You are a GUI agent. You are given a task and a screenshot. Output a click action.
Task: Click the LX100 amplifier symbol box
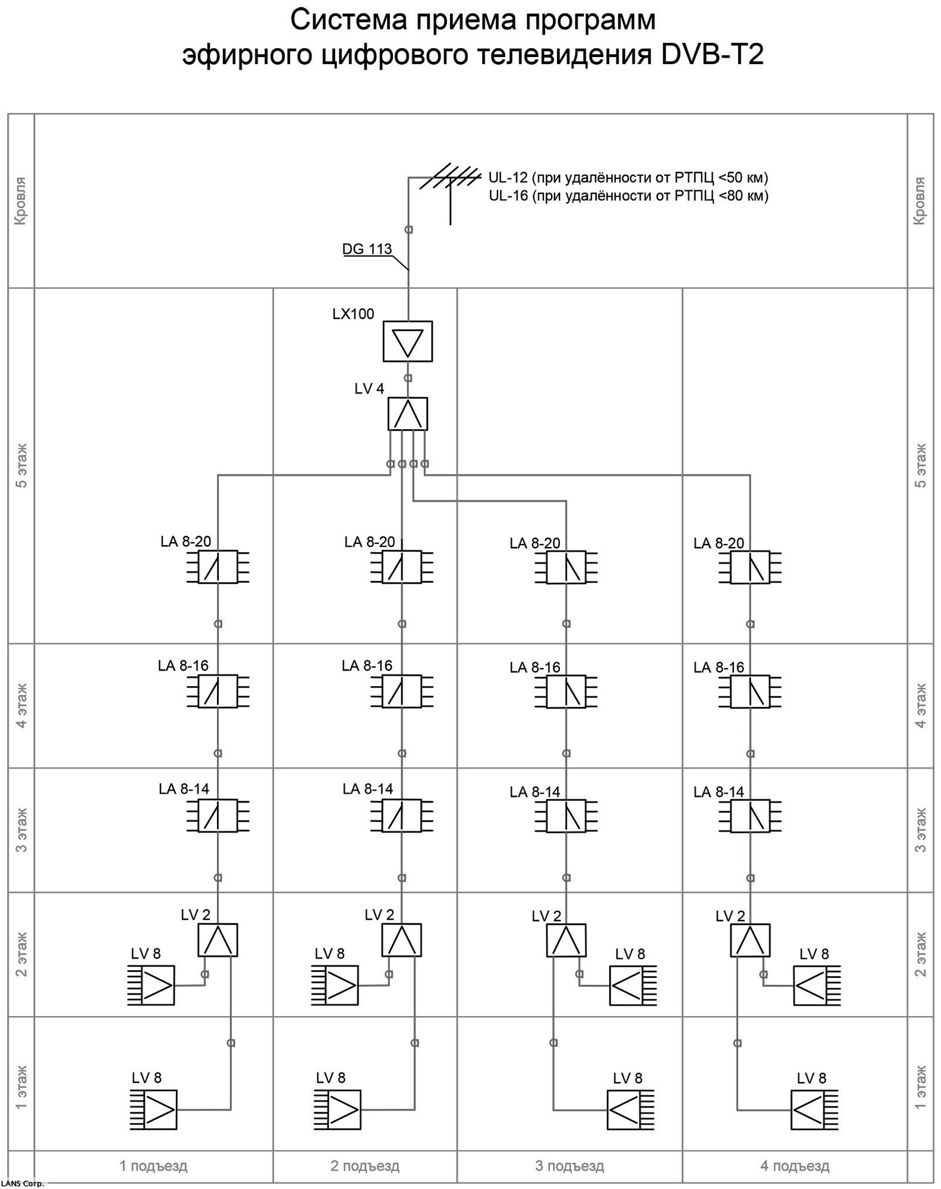pos(407,341)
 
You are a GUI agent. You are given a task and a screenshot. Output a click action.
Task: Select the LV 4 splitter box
pos(407,414)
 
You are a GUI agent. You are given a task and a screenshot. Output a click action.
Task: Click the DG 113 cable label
pos(367,249)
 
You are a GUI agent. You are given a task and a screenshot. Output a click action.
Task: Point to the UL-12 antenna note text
pos(628,178)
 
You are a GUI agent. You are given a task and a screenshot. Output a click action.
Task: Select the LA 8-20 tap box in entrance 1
pos(218,567)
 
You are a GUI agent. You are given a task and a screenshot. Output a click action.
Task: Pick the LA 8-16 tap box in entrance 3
pos(566,691)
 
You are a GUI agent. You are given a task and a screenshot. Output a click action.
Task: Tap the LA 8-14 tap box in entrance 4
pos(750,816)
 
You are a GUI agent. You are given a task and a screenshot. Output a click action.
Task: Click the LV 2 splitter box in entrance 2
pos(402,940)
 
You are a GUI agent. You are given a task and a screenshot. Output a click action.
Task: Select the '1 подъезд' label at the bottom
pos(153,1166)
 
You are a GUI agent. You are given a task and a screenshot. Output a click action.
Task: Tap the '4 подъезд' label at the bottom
pos(795,1166)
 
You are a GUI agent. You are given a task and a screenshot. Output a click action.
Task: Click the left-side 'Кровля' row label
pos(21,201)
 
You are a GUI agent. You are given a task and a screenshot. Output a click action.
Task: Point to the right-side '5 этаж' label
pos(921,465)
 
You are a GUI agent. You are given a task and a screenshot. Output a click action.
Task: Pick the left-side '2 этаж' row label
pos(21,955)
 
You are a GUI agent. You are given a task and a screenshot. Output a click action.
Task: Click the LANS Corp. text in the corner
pos(22,1184)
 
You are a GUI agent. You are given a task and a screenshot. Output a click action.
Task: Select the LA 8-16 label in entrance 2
pos(367,666)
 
